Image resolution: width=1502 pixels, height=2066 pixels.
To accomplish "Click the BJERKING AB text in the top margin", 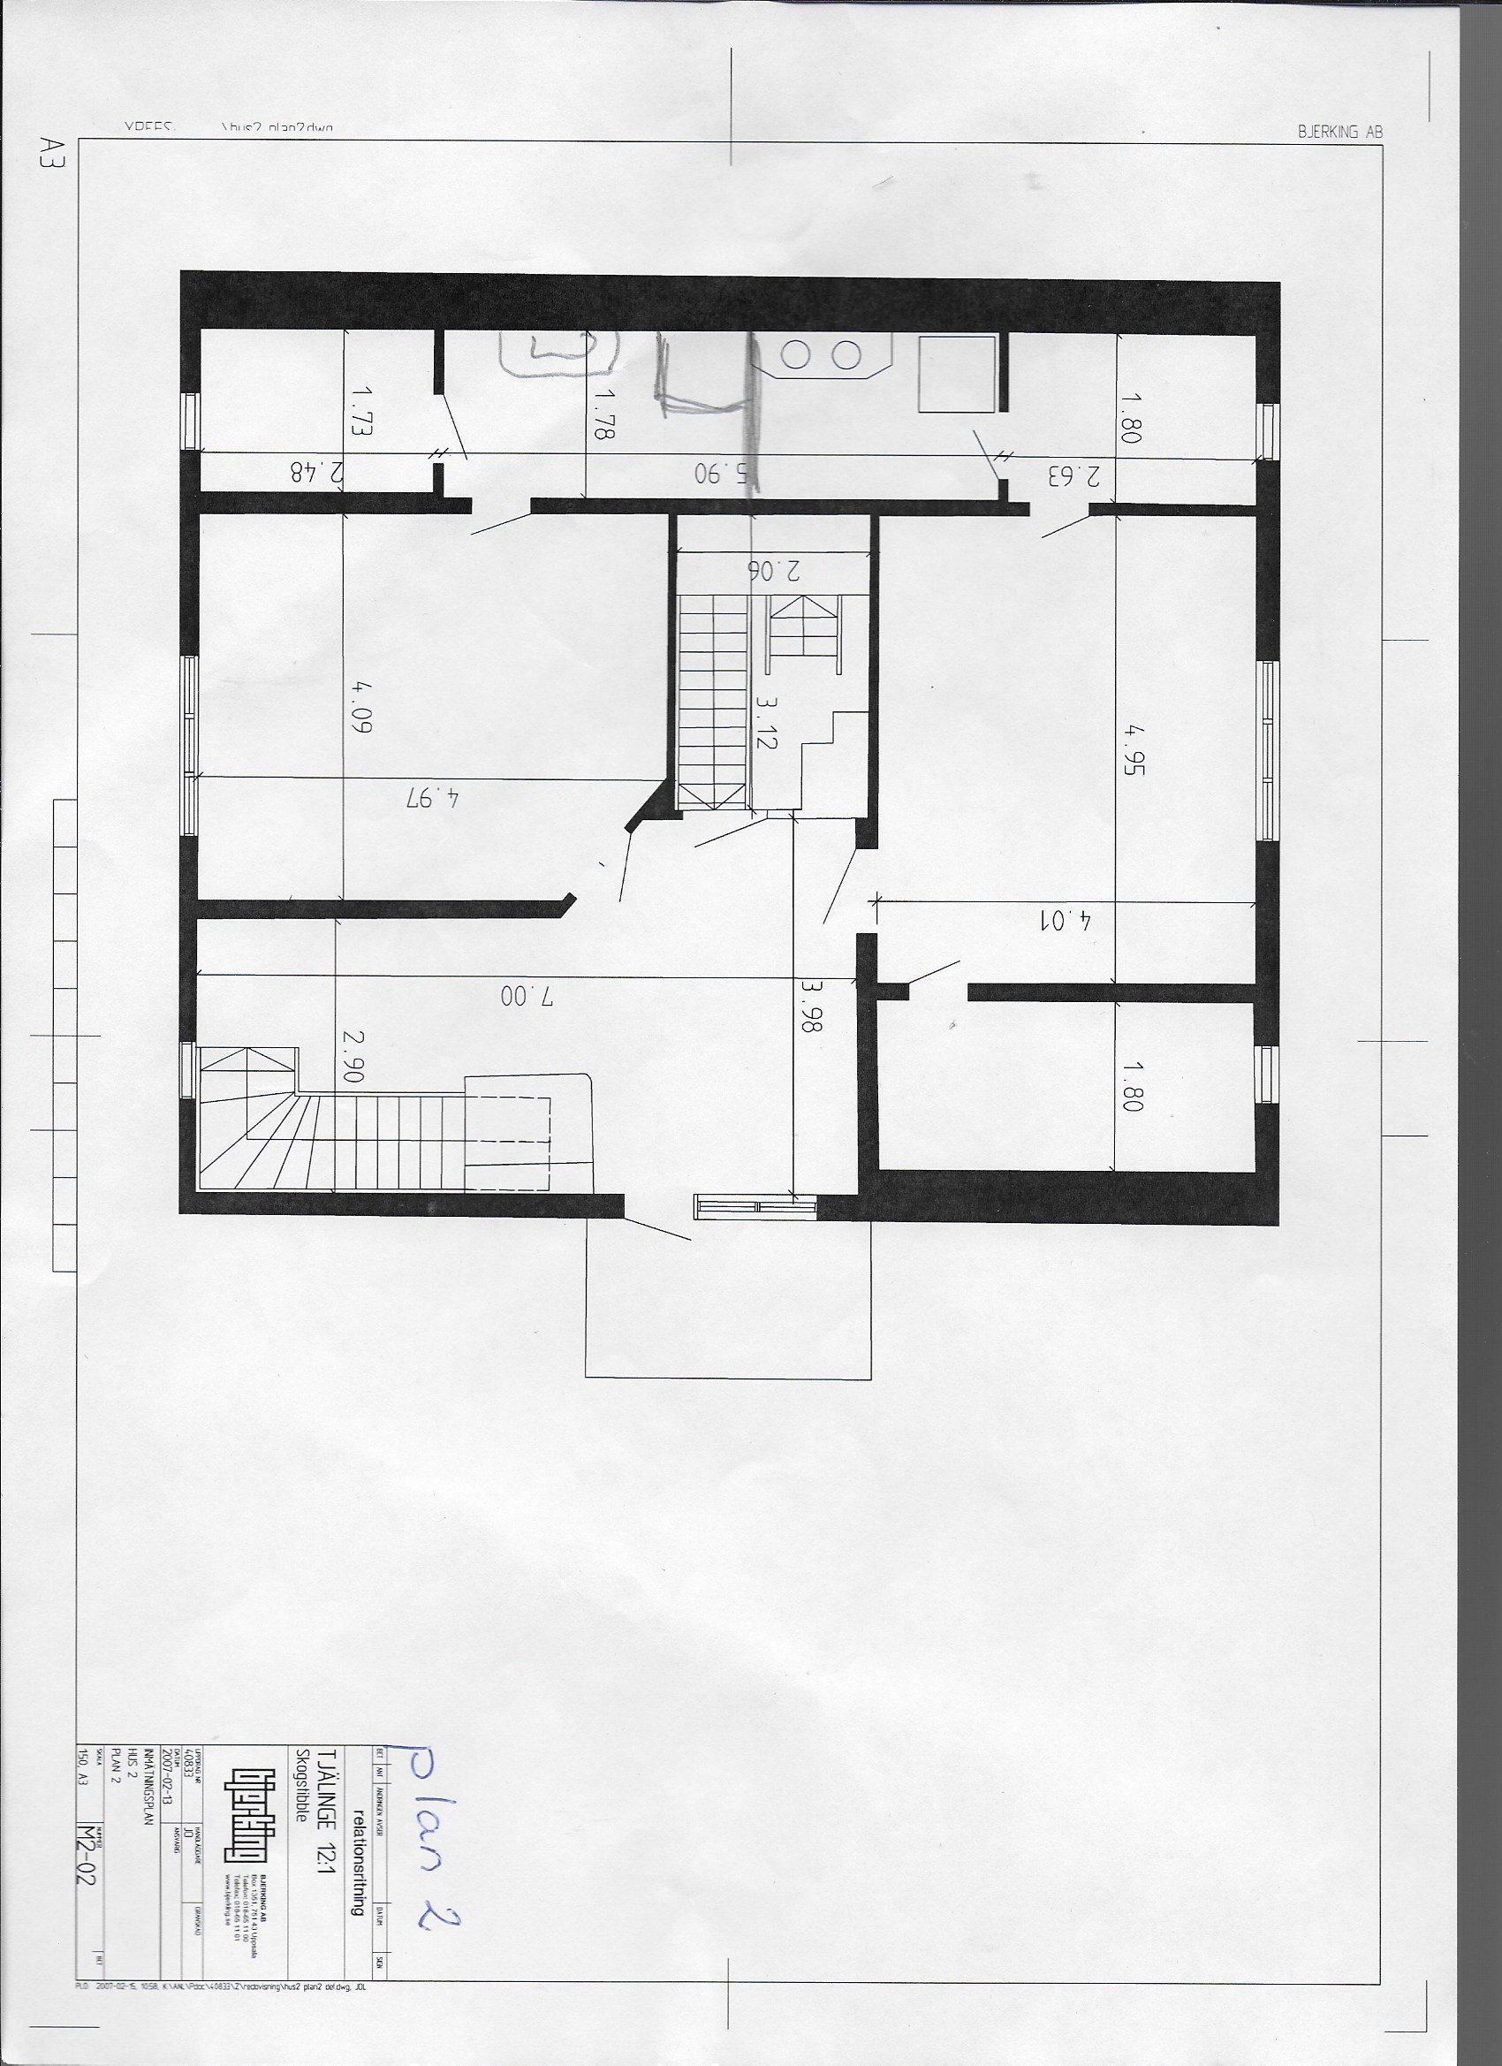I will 1339,132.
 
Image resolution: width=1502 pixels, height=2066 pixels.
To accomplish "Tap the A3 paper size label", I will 46,151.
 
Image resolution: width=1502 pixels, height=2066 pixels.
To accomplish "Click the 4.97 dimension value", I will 434,798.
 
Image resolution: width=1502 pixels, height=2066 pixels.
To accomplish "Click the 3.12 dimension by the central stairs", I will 765,721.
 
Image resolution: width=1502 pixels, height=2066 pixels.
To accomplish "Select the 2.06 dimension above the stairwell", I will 774,570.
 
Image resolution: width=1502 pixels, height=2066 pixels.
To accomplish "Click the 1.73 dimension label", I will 361,412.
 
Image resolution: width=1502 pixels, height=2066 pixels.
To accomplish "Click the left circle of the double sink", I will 797,356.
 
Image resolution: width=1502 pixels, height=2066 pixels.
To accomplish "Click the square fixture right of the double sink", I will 955,374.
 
